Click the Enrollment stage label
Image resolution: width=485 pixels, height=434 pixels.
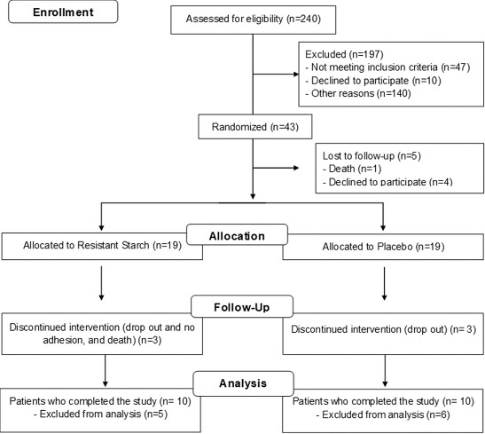[x=63, y=12]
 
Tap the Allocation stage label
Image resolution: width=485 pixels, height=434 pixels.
[x=237, y=236]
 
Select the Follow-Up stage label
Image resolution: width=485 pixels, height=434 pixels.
[x=242, y=307]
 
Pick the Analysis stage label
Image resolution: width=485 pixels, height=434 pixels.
[x=243, y=383]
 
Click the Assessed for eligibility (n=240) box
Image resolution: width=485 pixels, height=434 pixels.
[x=254, y=20]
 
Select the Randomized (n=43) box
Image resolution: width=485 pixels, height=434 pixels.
[x=255, y=127]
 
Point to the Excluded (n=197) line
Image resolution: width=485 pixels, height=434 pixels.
[x=344, y=54]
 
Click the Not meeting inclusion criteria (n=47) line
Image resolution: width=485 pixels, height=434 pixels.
[x=387, y=67]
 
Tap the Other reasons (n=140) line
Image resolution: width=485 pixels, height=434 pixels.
[x=358, y=93]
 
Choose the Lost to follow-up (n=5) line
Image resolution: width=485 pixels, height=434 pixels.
[x=372, y=155]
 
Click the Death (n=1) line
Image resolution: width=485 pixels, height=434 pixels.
[x=352, y=169]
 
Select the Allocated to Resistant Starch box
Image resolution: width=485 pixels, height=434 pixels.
[x=102, y=247]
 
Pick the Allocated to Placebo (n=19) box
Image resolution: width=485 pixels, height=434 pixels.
[x=383, y=247]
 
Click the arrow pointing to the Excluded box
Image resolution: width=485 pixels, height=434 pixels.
[x=276, y=75]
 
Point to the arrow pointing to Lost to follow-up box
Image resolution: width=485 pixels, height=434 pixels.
[x=276, y=168]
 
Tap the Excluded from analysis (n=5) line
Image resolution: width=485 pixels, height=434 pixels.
[x=100, y=414]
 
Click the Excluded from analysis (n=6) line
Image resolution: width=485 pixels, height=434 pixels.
[x=383, y=414]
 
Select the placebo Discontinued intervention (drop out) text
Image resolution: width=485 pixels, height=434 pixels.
[x=369, y=329]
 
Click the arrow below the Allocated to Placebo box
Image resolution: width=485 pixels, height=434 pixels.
[x=384, y=283]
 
